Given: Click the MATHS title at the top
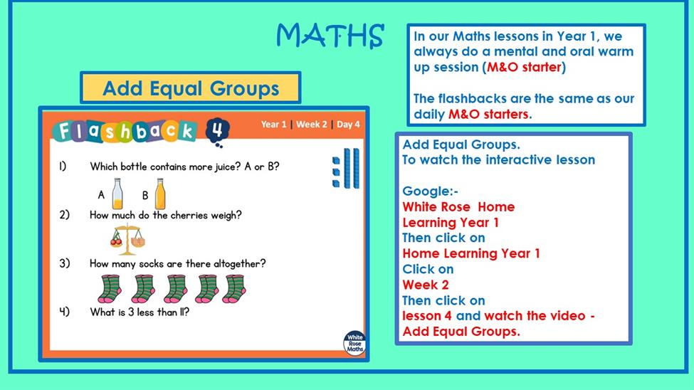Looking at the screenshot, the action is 330,36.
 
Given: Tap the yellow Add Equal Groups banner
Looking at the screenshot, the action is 191,88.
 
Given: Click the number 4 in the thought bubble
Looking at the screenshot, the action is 217,130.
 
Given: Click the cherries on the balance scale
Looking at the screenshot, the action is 117,239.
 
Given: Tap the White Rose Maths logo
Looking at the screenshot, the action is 355,343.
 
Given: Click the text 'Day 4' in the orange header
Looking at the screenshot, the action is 348,125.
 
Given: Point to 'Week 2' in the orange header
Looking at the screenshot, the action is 312,125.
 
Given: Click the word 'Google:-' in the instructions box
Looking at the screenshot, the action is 430,191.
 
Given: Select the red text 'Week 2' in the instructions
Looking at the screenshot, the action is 426,285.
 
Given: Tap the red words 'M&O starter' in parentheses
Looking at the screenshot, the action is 524,67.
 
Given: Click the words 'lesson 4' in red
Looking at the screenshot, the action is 427,316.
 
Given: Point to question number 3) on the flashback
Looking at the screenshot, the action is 65,263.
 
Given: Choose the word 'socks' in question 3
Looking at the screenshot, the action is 151,264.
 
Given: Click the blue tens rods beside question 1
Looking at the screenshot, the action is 352,168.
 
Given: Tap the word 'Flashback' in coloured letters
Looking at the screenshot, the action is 125,131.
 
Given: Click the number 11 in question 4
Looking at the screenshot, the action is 182,312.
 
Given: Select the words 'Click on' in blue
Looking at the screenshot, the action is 428,269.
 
